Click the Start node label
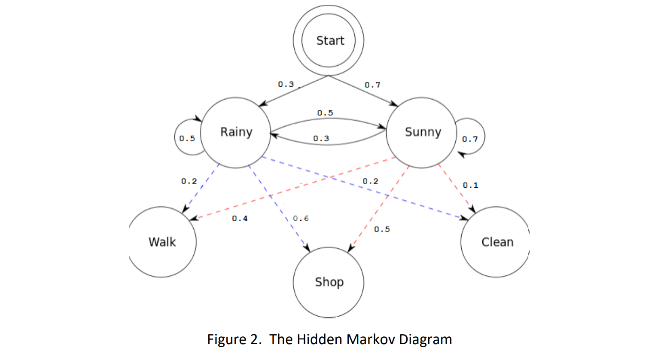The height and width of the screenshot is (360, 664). click(x=330, y=40)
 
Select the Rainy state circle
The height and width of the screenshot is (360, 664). click(x=236, y=132)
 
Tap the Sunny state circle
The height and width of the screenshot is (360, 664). click(x=422, y=132)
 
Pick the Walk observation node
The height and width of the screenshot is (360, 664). click(x=162, y=242)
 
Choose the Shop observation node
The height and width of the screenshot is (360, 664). click(x=329, y=282)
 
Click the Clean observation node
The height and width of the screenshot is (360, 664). click(x=497, y=242)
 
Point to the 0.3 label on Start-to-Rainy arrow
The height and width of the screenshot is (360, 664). click(x=286, y=84)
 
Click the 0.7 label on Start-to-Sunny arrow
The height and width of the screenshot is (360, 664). click(x=372, y=85)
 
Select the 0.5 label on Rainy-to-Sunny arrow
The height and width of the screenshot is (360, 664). click(x=325, y=113)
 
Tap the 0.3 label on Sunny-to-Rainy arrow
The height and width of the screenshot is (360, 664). click(x=321, y=138)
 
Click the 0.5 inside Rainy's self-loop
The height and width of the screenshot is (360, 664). click(x=187, y=138)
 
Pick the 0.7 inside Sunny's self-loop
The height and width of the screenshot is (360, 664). click(x=470, y=139)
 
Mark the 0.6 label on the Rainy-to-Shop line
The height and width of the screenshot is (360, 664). click(x=301, y=218)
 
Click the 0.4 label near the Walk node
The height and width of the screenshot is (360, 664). click(x=240, y=218)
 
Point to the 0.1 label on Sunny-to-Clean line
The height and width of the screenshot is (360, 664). click(x=470, y=185)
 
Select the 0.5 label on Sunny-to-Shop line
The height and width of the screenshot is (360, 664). click(x=382, y=229)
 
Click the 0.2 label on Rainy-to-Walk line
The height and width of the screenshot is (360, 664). click(x=189, y=181)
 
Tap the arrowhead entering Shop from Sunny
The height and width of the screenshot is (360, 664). click(x=350, y=248)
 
